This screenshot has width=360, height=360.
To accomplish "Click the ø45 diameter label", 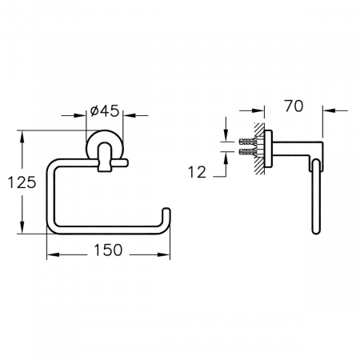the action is pos(105,110).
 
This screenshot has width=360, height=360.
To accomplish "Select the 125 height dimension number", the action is pos(22,182).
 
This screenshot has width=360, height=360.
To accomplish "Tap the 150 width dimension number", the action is pos(108,250).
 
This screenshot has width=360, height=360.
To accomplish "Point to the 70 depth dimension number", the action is pos(294,106).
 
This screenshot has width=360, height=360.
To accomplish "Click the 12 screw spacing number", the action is pos(198,172).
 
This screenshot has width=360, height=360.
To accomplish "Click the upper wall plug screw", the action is pos(247,141).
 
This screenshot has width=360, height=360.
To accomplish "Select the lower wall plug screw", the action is pos(247,152).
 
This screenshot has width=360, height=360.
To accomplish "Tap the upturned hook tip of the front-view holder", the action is pos(166,210).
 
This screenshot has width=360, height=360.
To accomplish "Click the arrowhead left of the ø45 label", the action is pos(80,115).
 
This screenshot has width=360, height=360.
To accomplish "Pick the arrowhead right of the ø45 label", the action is pos(130,115).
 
